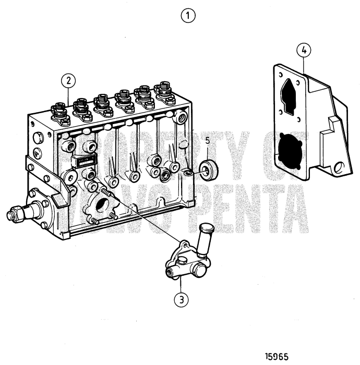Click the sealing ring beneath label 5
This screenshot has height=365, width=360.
209,171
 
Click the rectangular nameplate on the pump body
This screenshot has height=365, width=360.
83,161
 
